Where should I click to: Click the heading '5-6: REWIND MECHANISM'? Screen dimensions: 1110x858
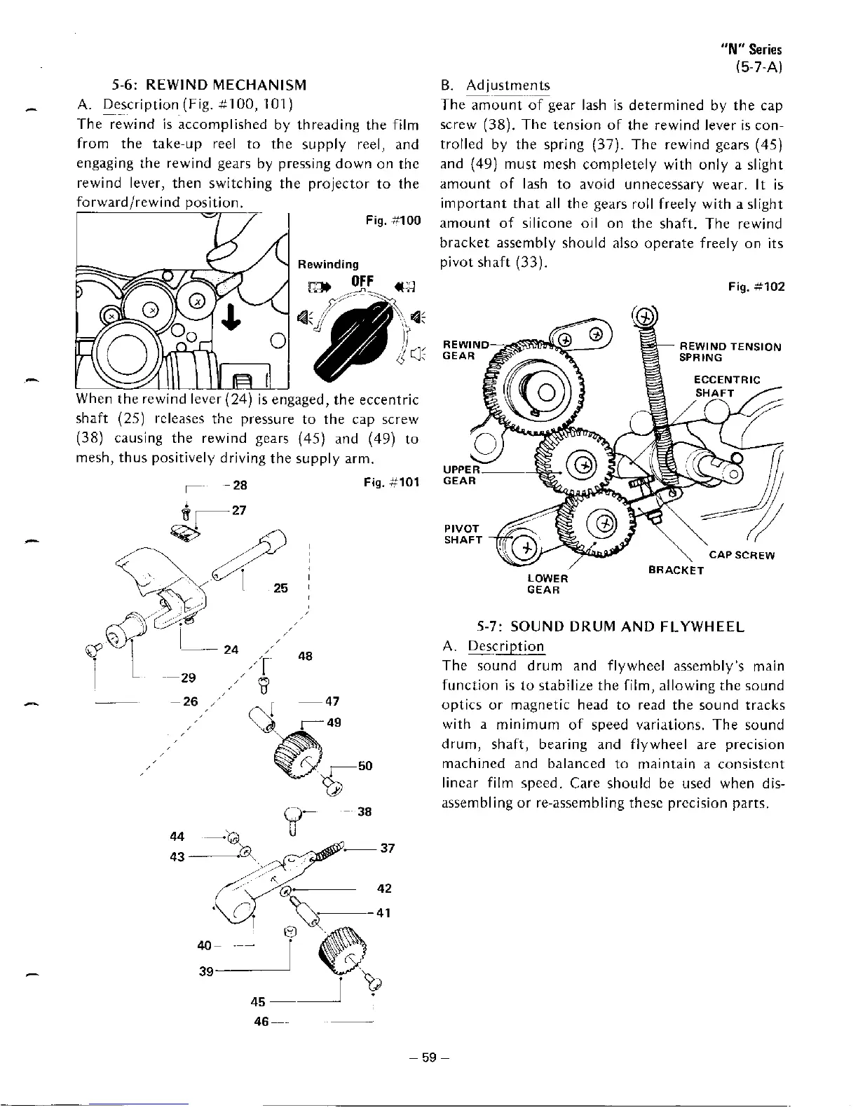209,85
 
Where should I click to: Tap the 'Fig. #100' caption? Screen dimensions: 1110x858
393,221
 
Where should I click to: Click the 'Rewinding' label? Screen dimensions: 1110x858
328,264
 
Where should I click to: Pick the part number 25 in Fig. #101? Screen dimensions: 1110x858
280,589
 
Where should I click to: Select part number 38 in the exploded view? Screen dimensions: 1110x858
364,812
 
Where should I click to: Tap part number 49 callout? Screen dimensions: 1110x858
334,722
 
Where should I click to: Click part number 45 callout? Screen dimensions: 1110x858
259,1002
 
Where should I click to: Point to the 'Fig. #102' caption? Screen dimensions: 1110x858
756,287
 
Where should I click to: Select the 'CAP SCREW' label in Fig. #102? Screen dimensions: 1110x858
742,556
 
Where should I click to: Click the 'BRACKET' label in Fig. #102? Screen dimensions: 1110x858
675,570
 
